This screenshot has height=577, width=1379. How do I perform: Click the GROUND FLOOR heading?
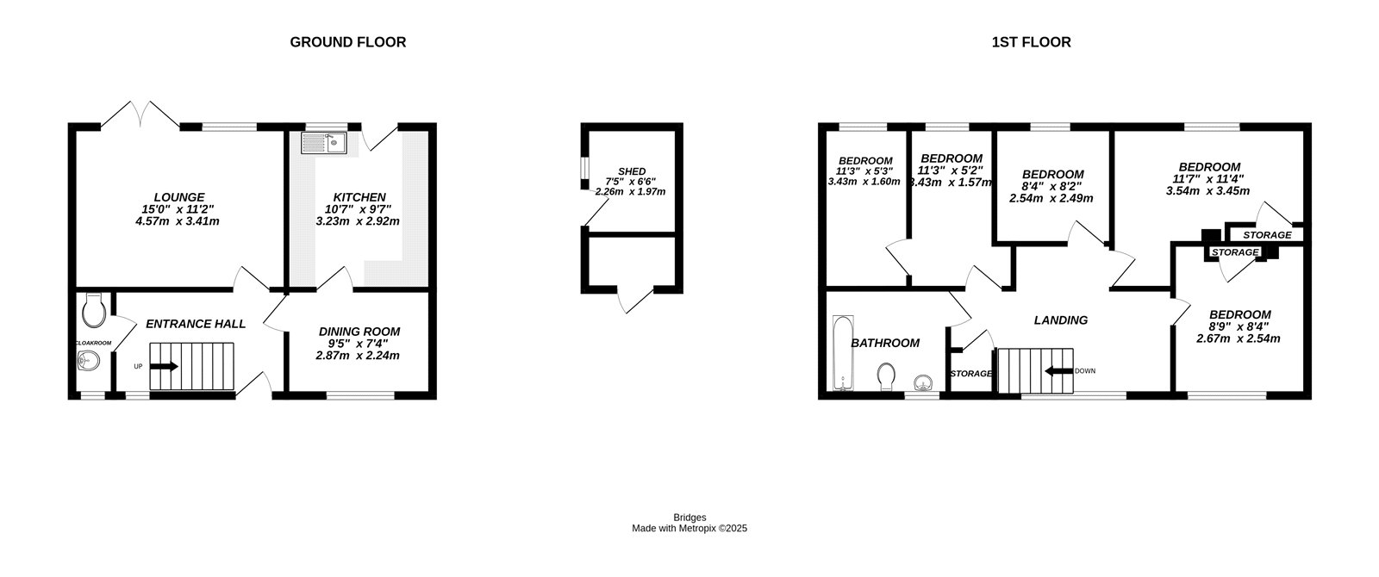tap(347, 42)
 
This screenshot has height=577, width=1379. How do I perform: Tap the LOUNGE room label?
tap(179, 197)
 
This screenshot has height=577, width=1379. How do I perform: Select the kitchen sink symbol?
tap(323, 142)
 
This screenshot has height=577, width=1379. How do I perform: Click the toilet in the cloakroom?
tap(93, 308)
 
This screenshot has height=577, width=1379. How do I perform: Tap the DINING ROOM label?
tap(359, 332)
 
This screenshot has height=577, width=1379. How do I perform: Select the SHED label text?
tap(632, 171)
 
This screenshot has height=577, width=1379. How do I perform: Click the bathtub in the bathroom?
tap(842, 352)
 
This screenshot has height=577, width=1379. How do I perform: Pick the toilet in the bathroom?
tap(886, 376)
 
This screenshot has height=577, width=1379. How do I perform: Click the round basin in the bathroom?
tap(924, 381)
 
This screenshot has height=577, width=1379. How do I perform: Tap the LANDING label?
tap(1060, 320)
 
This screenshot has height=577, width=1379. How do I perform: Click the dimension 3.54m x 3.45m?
tap(1209, 191)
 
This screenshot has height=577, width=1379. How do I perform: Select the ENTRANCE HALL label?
tap(196, 325)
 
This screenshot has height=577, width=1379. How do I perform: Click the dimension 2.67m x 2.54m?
tap(1239, 338)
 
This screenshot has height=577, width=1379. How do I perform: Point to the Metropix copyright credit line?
tap(689, 529)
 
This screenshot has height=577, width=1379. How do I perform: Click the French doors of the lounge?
tap(140, 115)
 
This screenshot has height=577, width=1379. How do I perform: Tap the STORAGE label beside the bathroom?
tap(970, 374)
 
